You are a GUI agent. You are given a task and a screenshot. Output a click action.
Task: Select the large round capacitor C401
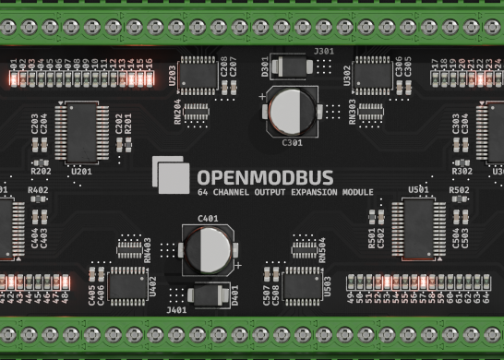[x=207, y=248]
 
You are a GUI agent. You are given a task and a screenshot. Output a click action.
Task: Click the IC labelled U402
[x=125, y=284]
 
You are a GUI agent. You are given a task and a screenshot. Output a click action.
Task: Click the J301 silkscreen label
[x=324, y=51]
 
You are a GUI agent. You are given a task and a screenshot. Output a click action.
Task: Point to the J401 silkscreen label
[x=176, y=310]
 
